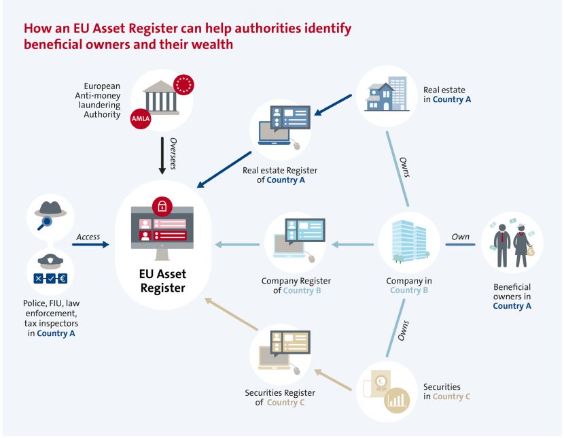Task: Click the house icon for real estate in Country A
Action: [x=381, y=98]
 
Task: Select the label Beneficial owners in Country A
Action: [x=512, y=297]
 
